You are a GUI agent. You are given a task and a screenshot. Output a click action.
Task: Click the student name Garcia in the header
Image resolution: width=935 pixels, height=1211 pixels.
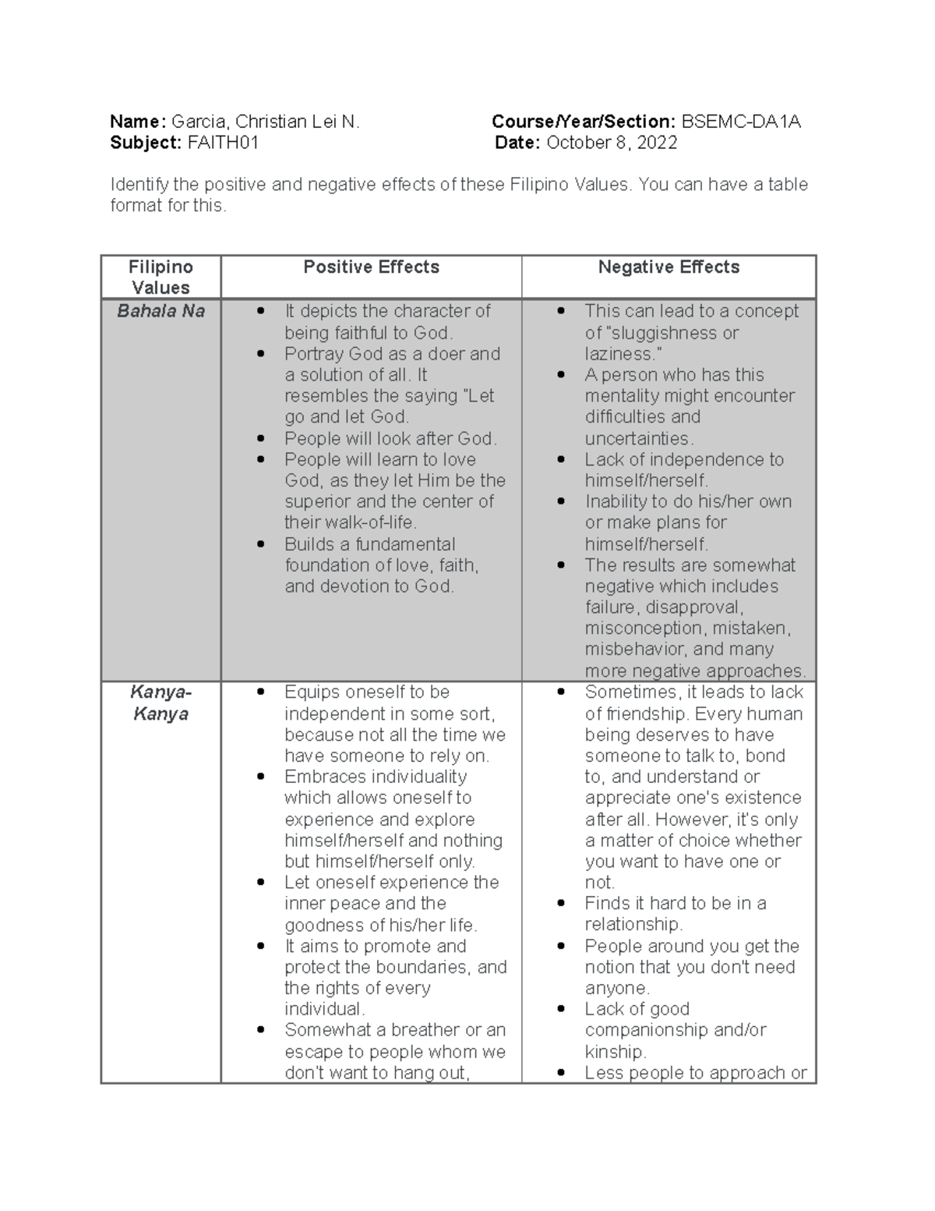(x=199, y=122)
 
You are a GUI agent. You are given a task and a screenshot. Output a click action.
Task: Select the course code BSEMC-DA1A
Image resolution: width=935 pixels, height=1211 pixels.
(x=740, y=122)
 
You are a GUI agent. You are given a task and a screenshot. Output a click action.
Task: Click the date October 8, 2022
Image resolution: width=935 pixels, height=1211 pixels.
(x=611, y=143)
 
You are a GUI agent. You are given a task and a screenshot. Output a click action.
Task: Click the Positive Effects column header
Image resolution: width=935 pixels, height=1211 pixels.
(x=371, y=267)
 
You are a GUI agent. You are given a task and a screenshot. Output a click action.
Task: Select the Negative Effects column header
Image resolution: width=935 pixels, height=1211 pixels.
(x=669, y=267)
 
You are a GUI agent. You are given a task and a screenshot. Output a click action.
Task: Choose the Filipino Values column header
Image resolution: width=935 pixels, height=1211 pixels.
(x=161, y=277)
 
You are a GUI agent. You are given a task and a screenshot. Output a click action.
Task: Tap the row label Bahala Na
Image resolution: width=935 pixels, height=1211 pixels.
(x=161, y=311)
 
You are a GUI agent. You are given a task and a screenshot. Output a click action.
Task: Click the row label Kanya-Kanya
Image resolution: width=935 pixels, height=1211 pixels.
(x=161, y=703)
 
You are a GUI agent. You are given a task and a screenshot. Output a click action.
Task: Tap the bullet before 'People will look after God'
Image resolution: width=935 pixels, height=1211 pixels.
(x=261, y=439)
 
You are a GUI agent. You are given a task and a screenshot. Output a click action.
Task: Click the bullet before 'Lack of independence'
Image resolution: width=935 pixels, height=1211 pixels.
(x=561, y=460)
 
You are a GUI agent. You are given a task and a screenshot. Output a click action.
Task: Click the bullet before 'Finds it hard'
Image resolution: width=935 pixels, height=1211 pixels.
(x=561, y=904)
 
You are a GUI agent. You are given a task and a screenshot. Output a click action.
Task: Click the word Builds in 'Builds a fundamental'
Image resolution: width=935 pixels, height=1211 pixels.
(x=309, y=544)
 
